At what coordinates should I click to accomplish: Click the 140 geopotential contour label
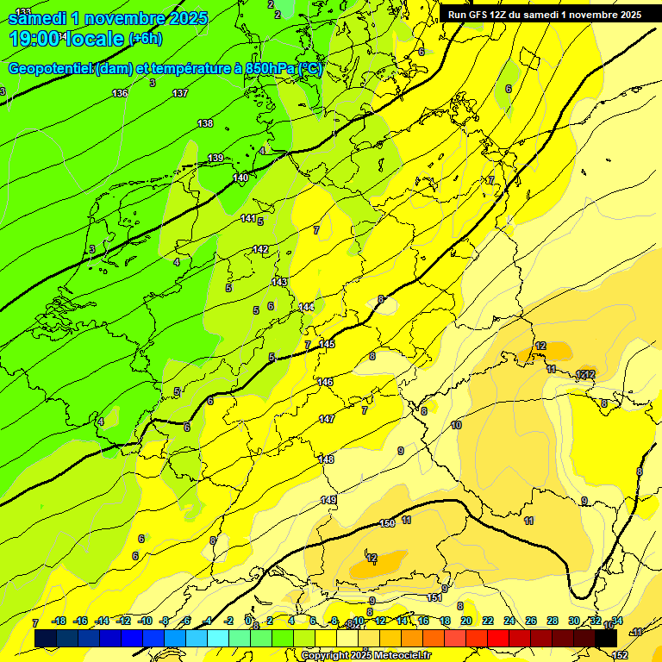(x=240, y=178)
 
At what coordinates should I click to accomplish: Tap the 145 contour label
(x=327, y=344)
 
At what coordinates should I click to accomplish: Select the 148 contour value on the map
(x=327, y=459)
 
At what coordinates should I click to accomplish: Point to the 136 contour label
(x=120, y=93)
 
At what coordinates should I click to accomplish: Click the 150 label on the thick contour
(x=387, y=523)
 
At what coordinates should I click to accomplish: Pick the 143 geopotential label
(x=279, y=282)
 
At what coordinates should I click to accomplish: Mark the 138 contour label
(x=205, y=123)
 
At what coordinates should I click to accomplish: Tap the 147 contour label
(x=327, y=419)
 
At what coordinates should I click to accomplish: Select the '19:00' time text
(x=35, y=39)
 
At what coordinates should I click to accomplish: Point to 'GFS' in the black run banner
(x=483, y=15)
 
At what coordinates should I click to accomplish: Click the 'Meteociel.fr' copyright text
(x=397, y=656)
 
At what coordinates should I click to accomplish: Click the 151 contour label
(x=435, y=597)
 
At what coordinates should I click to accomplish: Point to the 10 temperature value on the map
(x=456, y=426)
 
